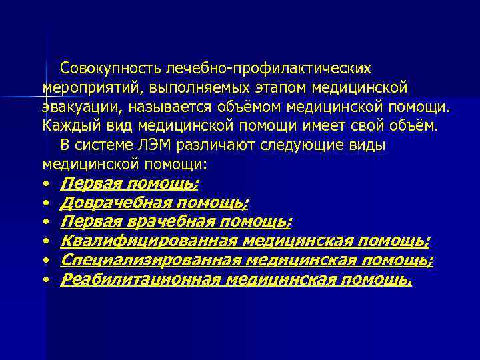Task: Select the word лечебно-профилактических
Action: click(264, 68)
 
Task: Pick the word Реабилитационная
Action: click(140, 279)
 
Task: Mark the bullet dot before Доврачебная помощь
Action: click(46, 203)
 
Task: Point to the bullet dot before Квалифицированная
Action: click(46, 241)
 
